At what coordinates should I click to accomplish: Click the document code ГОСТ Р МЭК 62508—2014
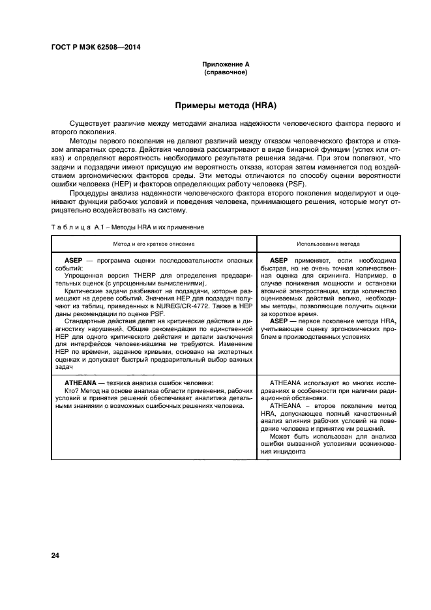tap(95, 48)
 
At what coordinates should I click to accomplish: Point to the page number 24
tap(55, 555)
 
